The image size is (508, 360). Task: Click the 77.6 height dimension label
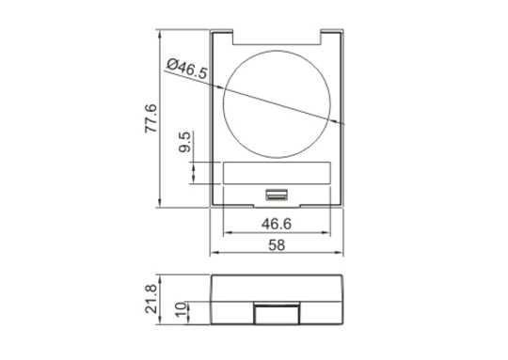[x=151, y=118]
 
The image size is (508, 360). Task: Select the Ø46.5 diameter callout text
[x=187, y=69]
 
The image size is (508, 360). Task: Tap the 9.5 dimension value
[x=184, y=143]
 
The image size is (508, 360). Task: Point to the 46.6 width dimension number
[x=277, y=224]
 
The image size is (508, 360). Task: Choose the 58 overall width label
[x=277, y=245]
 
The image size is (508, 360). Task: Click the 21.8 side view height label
[x=151, y=299]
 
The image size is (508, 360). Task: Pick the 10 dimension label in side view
[x=182, y=309]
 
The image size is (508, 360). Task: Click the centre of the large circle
[x=277, y=104]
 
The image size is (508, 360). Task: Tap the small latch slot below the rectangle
[x=277, y=195]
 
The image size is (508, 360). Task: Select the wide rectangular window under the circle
[x=277, y=173]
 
